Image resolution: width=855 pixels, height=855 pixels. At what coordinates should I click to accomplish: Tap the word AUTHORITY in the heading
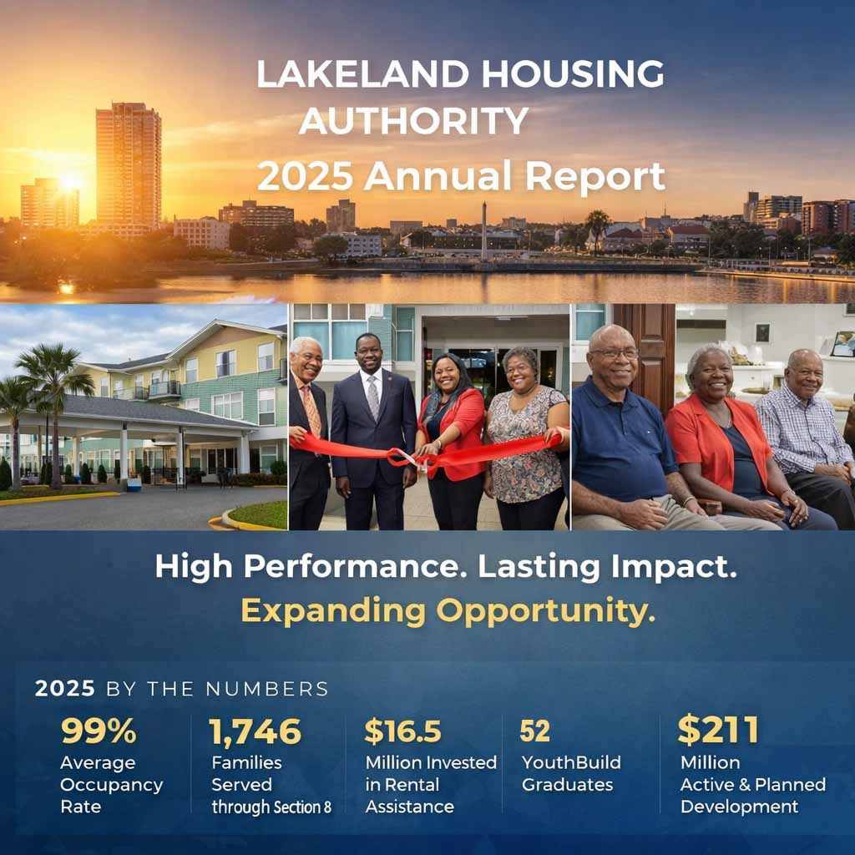(413, 121)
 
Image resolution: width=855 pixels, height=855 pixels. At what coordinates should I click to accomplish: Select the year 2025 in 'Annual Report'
(306, 176)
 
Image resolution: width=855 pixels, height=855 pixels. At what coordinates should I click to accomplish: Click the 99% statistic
(99, 731)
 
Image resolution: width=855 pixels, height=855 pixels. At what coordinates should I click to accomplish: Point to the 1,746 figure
(255, 731)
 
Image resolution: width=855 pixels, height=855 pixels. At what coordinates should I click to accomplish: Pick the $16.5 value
(402, 731)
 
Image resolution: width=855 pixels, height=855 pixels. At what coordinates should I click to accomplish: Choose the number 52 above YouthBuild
(534, 731)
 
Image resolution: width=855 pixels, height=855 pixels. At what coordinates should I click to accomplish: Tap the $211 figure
(718, 730)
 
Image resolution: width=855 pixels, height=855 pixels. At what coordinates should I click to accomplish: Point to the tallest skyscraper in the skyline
(128, 163)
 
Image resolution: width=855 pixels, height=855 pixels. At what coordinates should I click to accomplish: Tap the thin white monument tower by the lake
(483, 230)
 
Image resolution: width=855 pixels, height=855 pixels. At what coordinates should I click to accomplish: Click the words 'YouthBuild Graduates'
(571, 773)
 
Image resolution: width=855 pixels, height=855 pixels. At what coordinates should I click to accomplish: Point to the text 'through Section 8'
(271, 807)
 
